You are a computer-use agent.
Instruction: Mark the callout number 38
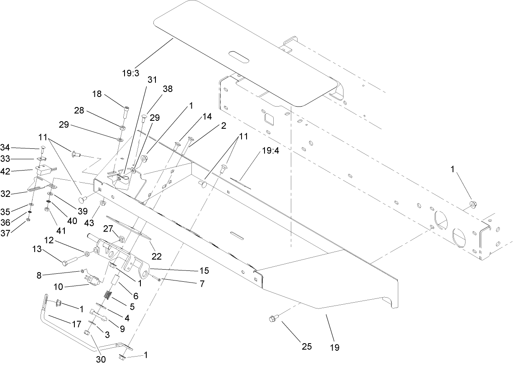[167, 89]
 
